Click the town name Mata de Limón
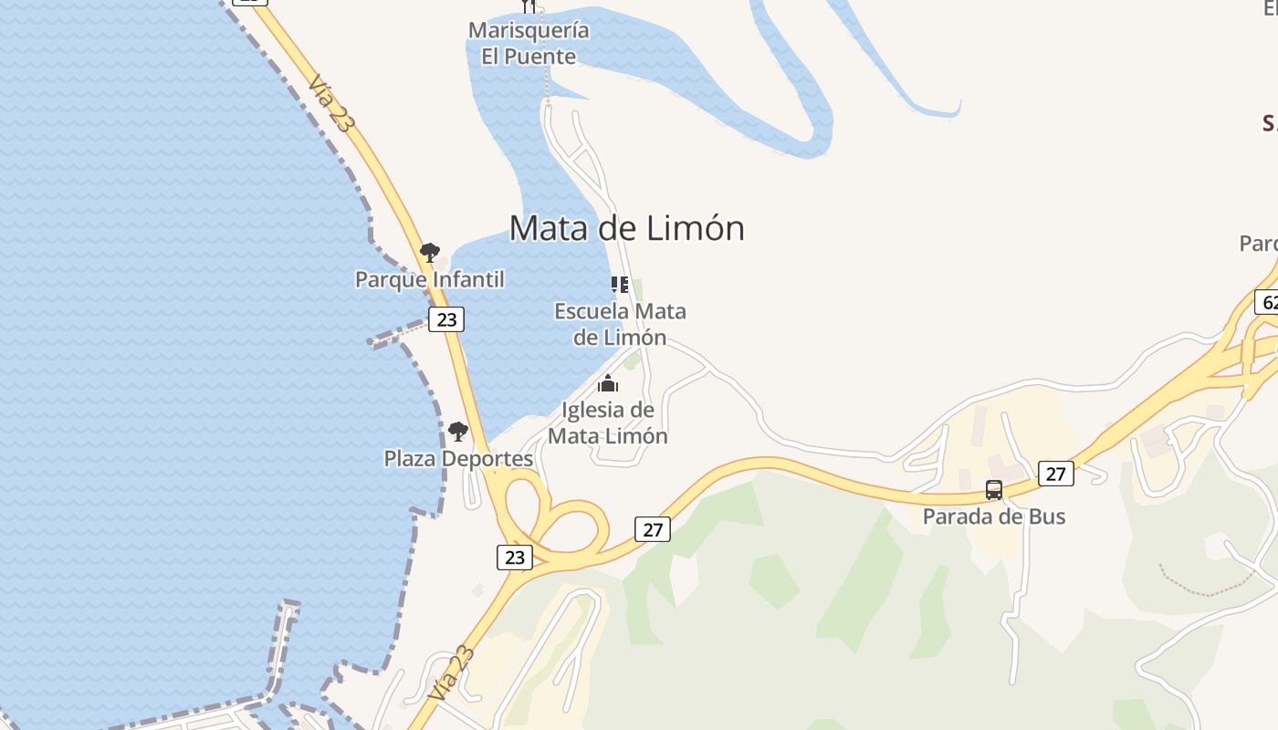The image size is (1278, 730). pos(626,227)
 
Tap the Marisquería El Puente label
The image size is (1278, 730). pos(529,43)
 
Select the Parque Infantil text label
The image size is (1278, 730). pos(429,279)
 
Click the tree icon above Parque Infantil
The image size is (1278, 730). pos(429,252)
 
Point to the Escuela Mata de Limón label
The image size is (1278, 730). pos(620,324)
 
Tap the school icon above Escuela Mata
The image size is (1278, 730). pos(620,285)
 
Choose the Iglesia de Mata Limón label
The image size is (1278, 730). pos(607,422)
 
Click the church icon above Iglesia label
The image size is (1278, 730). pos(608,383)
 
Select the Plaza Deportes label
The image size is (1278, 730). pos(458,458)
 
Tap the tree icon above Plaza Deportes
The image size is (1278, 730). pos(458,431)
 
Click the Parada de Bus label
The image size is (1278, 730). pos(993,516)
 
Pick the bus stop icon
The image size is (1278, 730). pos(994,490)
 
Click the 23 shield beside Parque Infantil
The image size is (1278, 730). pos(446,319)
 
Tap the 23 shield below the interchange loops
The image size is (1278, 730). pos(515,557)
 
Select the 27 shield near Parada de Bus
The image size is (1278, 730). pos(1055,474)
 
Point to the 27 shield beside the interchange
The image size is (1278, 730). pos(652,529)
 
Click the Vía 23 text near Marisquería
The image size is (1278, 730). pos(330,103)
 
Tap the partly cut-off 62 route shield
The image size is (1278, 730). pos(1267,301)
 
